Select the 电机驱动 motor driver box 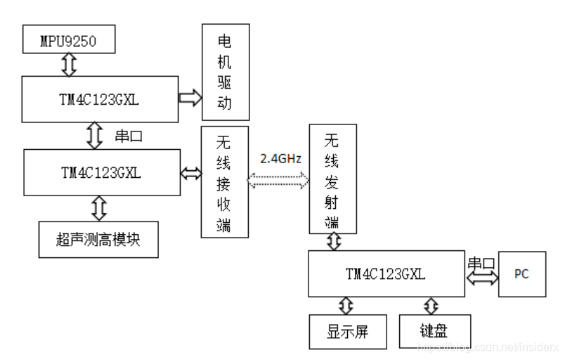pos(225,72)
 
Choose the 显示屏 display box pos(348,330)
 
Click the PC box pos(521,274)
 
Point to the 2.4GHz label pos(280,159)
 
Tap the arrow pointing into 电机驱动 pos(190,98)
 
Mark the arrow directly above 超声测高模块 pos(98,208)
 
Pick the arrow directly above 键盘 pos(431,307)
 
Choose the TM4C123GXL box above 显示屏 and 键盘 pos(386,274)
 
